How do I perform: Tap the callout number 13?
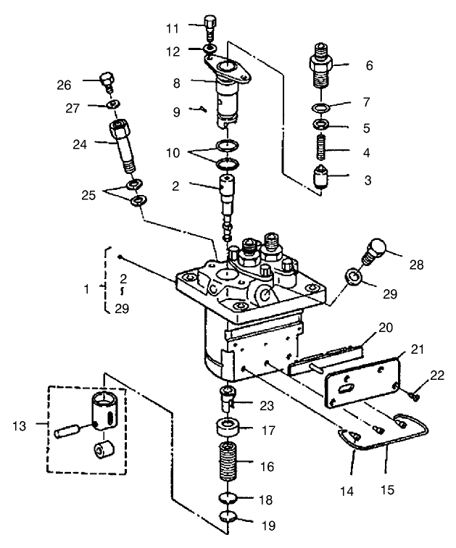click(19, 425)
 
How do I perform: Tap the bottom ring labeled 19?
click(228, 517)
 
